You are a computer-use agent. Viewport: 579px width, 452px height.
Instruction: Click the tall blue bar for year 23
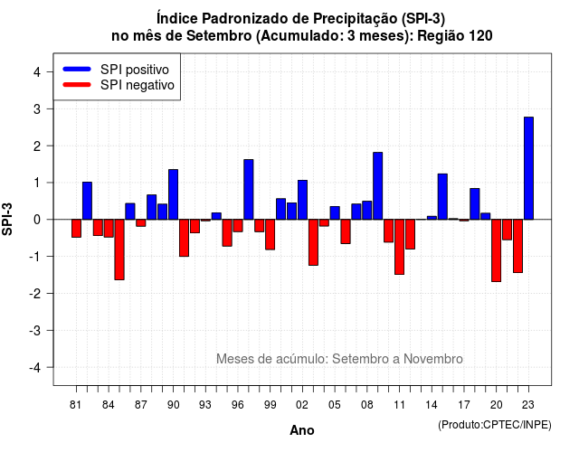point(528,168)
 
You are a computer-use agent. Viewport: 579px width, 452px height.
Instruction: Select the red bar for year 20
point(496,250)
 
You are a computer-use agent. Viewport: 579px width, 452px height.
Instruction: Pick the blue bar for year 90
point(173,194)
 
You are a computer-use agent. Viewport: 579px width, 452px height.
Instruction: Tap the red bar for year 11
point(399,247)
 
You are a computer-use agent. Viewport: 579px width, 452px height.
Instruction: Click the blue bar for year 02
point(302,200)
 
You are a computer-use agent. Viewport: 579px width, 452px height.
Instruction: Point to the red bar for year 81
point(76,229)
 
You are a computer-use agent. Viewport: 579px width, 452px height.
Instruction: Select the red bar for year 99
point(270,235)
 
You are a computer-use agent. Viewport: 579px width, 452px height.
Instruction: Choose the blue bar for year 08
point(366,211)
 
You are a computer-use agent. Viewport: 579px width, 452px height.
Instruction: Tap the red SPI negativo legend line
point(77,85)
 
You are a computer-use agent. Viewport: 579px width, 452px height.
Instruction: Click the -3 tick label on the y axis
point(35,330)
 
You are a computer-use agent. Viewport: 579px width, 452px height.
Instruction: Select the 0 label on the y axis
point(37,220)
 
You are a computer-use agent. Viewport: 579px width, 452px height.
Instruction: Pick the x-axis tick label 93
point(205,405)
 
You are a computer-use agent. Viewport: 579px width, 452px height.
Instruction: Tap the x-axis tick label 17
point(464,405)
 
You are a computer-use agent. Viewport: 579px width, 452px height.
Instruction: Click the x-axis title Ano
point(302,430)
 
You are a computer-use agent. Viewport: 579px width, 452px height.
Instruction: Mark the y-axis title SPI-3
point(7,220)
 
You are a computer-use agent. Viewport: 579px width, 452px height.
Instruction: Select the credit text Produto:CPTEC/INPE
point(495,425)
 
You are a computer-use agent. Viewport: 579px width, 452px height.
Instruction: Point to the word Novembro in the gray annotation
point(432,359)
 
